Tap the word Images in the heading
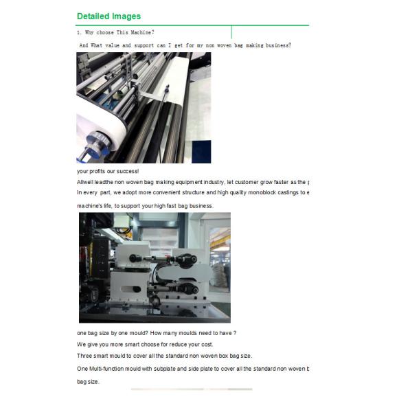click(x=127, y=16)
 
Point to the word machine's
click(x=90, y=206)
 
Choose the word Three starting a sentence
click(x=85, y=356)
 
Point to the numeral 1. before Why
click(x=79, y=32)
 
